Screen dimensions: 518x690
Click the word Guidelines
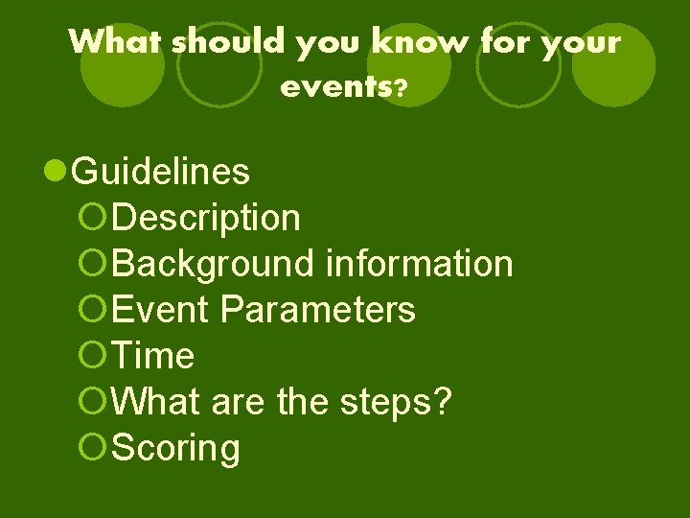tap(161, 173)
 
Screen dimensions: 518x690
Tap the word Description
tap(206, 218)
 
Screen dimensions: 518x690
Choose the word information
tap(419, 264)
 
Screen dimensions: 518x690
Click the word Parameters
tap(317, 310)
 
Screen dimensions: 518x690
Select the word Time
tap(153, 356)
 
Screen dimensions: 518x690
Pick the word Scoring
tap(176, 448)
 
